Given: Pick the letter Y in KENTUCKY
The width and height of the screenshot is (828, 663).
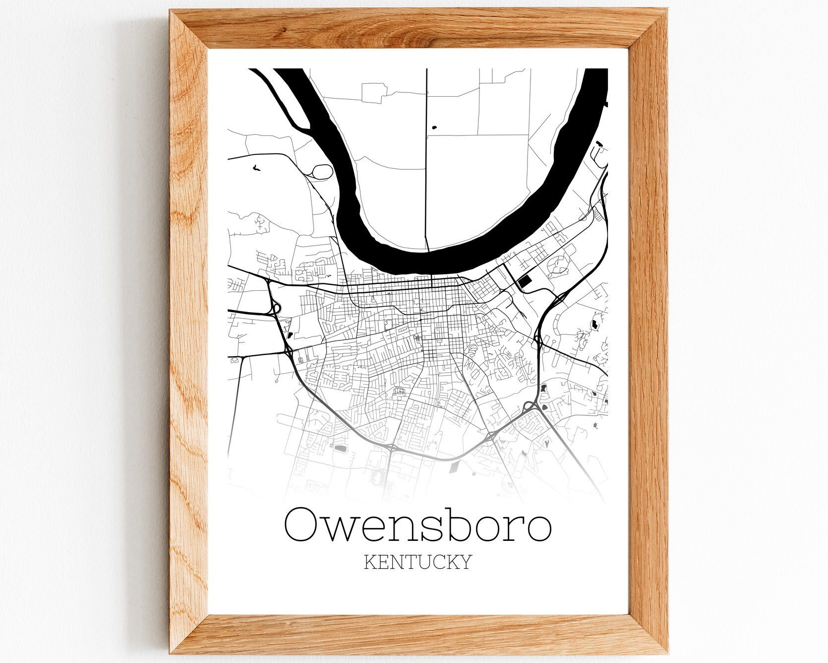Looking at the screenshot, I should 464,562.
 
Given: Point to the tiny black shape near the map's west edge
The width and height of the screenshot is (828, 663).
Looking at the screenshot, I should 255,168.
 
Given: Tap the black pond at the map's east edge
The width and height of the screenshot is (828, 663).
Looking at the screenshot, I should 593,325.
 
